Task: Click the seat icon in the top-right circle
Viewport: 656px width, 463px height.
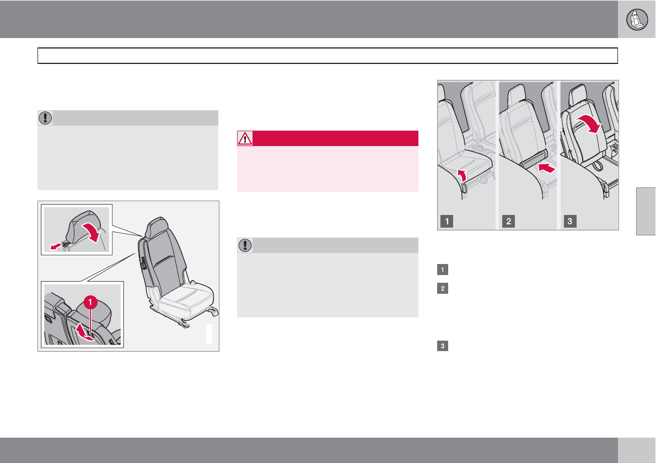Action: (x=637, y=19)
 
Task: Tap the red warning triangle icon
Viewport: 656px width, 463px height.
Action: (x=245, y=138)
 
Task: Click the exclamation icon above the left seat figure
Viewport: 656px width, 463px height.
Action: (x=45, y=118)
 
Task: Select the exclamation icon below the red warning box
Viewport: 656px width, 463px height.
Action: (x=245, y=245)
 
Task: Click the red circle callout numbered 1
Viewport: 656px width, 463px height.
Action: (x=90, y=302)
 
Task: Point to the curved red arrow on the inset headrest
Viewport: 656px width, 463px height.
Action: (x=91, y=232)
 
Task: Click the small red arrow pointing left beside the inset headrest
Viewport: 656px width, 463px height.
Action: (x=55, y=247)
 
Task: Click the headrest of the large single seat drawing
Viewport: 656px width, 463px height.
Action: (x=157, y=228)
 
